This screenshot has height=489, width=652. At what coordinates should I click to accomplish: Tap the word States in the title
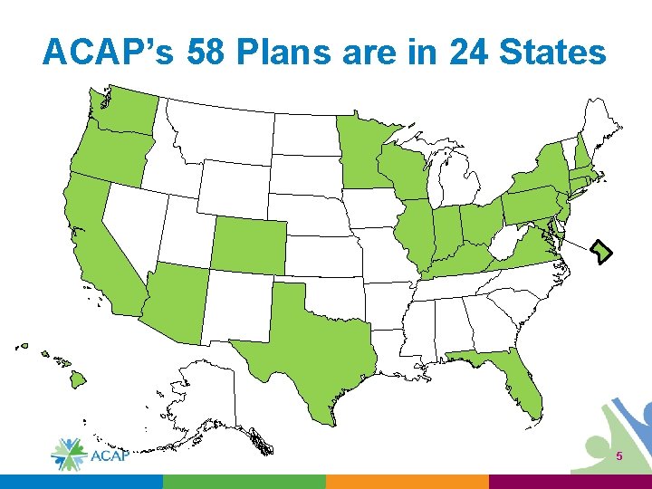point(552,53)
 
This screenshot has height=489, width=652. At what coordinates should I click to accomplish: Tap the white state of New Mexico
point(237,308)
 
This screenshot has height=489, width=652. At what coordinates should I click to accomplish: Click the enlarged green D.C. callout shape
point(602,251)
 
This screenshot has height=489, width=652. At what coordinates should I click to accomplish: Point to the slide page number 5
point(618,456)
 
